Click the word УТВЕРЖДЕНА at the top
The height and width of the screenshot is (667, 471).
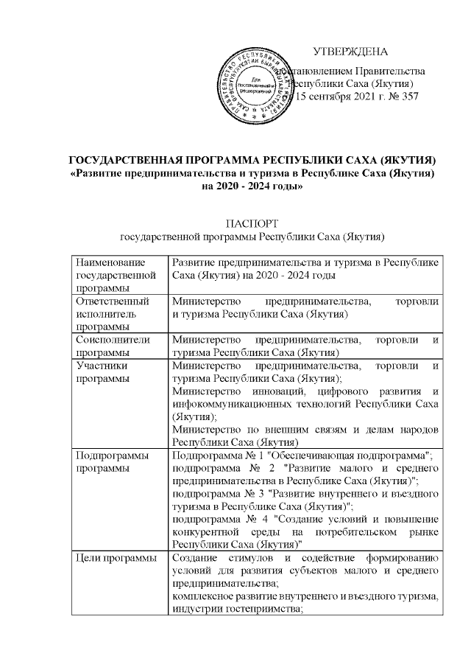click(x=350, y=51)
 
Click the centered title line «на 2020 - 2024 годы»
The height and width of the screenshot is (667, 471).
click(x=252, y=186)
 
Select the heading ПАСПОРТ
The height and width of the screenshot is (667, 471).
click(x=252, y=223)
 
